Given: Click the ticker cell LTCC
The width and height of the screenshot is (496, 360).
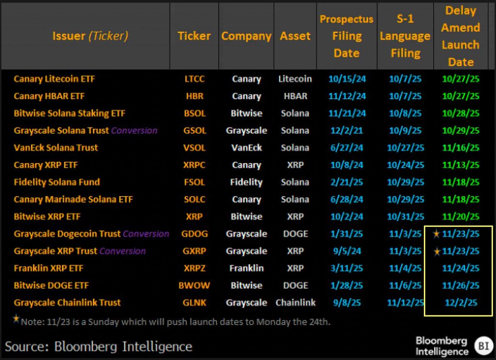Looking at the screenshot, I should pyautogui.click(x=194, y=79).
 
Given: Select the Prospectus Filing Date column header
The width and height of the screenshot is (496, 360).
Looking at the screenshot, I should pyautogui.click(x=346, y=36).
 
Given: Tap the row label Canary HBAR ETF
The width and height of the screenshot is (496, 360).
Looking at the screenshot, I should pyautogui.click(x=49, y=96).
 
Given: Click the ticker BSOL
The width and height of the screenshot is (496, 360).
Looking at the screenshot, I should pyautogui.click(x=194, y=113).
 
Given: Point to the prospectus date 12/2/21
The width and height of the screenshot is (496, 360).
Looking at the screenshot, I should pyautogui.click(x=346, y=130).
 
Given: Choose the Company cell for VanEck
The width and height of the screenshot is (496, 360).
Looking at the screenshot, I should pyautogui.click(x=246, y=148).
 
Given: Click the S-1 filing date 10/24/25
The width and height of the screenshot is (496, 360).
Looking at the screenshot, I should pyautogui.click(x=405, y=165).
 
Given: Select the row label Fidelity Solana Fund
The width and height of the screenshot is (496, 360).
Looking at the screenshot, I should pyautogui.click(x=57, y=182).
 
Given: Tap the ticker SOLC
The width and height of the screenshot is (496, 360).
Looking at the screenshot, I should pyautogui.click(x=194, y=199).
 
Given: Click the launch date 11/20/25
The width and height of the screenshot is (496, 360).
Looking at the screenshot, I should pyautogui.click(x=461, y=217).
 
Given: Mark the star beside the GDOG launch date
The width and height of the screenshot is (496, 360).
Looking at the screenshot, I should pyautogui.click(x=436, y=234).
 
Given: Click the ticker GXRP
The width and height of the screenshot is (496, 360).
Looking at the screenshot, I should pyautogui.click(x=194, y=251).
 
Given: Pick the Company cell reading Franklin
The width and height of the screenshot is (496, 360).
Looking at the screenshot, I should pyautogui.click(x=246, y=268).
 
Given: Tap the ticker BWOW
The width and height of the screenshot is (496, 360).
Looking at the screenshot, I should pyautogui.click(x=194, y=285).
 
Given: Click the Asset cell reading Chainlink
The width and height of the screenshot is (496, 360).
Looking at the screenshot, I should pyautogui.click(x=295, y=303).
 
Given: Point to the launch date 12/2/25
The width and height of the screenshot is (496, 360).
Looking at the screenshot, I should pyautogui.click(x=461, y=303).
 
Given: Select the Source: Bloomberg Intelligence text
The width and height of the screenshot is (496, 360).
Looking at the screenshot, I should pyautogui.click(x=98, y=346).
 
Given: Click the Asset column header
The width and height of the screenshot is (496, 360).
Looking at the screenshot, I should pyautogui.click(x=295, y=36).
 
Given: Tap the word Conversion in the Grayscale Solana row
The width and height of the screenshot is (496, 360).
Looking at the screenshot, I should pyautogui.click(x=134, y=131).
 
